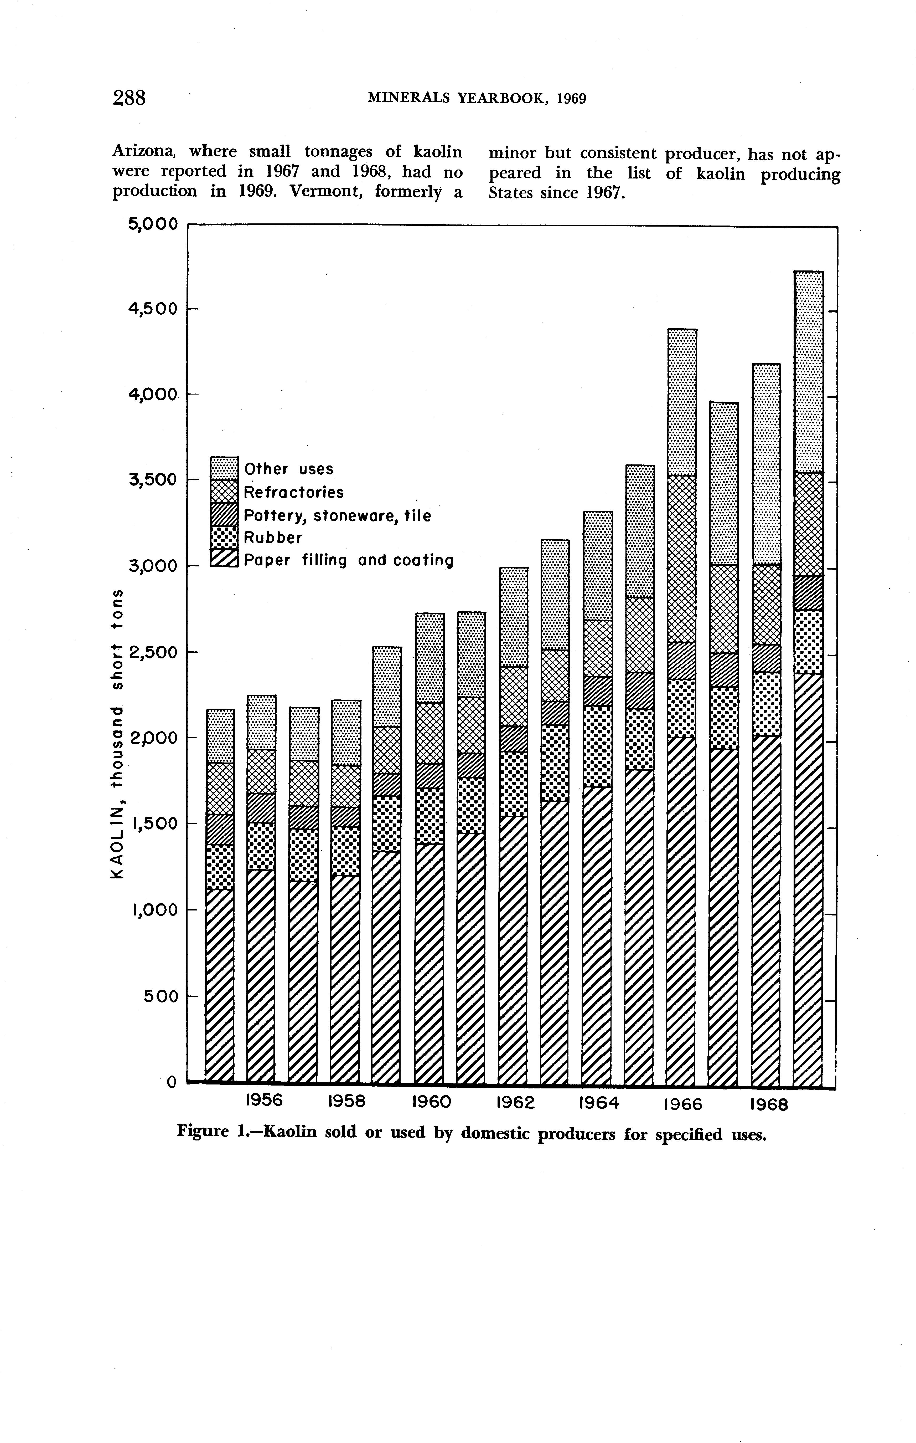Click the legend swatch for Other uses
pyautogui.click(x=224, y=468)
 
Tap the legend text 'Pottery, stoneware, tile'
pyautogui.click(x=337, y=515)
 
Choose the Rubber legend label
pyautogui.click(x=273, y=538)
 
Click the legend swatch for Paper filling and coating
pyautogui.click(x=224, y=559)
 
